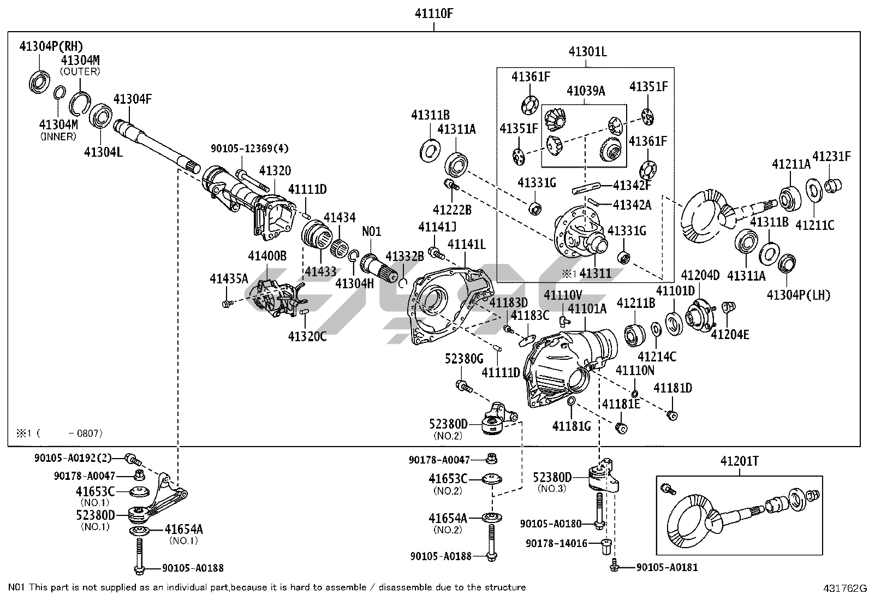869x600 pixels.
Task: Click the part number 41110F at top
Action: coord(434,14)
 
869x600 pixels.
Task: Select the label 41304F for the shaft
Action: coord(133,99)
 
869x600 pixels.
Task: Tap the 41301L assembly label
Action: coord(587,52)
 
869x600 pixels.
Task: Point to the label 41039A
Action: coord(586,91)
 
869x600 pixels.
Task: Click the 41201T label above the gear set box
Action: coord(739,462)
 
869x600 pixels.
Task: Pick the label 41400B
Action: coord(267,256)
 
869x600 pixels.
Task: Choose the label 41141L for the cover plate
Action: coord(467,244)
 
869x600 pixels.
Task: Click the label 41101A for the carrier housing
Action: coord(587,309)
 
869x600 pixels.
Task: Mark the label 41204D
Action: coord(700,275)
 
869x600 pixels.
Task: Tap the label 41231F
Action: coord(831,156)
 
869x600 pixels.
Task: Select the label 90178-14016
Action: coord(556,544)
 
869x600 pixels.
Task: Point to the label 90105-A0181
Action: coord(667,568)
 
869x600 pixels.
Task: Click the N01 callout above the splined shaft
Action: coord(372,231)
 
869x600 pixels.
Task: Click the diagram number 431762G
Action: coord(845,589)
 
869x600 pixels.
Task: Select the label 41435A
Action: coord(229,279)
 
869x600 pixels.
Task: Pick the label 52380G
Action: coord(464,358)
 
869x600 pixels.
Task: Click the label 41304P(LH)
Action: coord(798,295)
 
